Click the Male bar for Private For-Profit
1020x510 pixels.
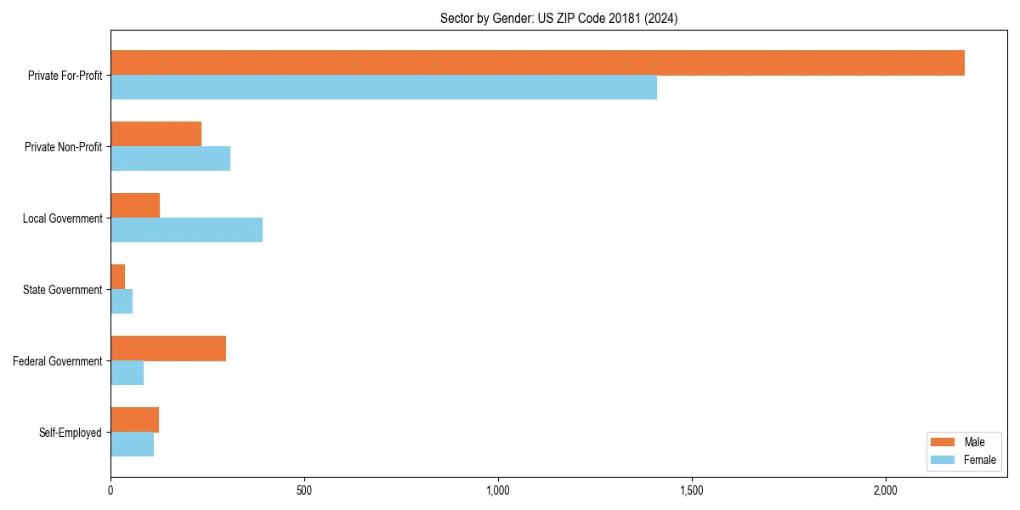tap(537, 63)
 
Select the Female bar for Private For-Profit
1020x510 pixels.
tap(383, 87)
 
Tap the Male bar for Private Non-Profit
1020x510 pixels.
tap(156, 134)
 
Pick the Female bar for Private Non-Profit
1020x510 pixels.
tap(170, 158)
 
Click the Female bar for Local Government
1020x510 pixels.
tap(186, 229)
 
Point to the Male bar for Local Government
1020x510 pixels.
tap(135, 206)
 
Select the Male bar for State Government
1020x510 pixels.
tap(118, 277)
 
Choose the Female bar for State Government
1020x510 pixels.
tap(122, 301)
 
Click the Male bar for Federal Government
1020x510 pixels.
tap(168, 348)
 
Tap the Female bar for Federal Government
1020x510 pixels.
tap(127, 372)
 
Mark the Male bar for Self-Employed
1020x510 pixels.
tap(134, 420)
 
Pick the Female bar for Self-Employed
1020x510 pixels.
tap(132, 444)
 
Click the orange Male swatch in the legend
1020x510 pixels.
tap(943, 442)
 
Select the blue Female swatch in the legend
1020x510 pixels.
tap(943, 460)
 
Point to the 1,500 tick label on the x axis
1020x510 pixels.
tap(692, 490)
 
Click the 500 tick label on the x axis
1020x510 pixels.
tap(304, 490)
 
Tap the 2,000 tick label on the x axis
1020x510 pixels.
tap(886, 490)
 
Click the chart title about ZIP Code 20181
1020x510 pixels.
tap(558, 18)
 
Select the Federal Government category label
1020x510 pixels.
tap(58, 361)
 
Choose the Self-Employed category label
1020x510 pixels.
tap(71, 433)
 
